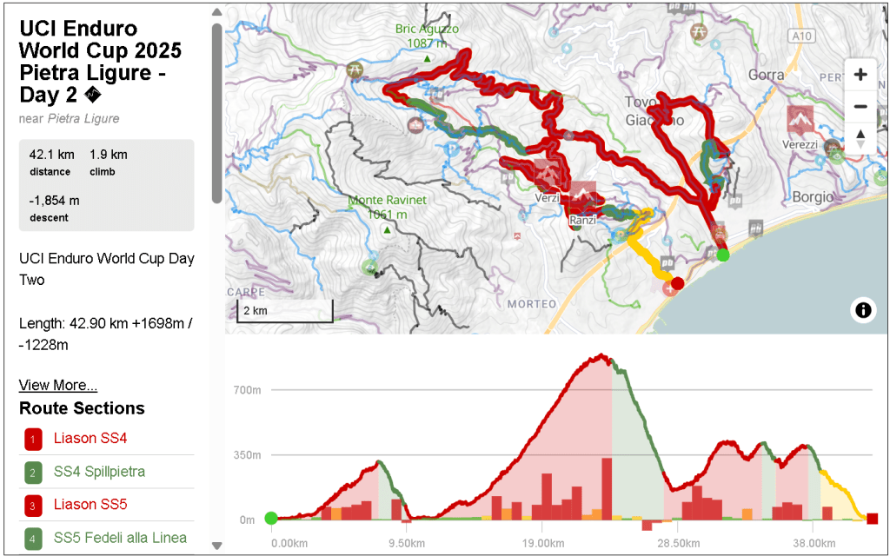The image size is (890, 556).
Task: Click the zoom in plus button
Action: tap(860, 75)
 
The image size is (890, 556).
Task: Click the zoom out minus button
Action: tap(860, 107)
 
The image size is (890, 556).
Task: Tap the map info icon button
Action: tap(863, 309)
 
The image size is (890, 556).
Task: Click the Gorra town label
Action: tap(766, 75)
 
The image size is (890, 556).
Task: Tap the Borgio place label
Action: tap(813, 197)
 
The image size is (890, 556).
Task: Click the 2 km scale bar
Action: tap(285, 311)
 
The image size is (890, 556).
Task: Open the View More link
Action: tap(57, 385)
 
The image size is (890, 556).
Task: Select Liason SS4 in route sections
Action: tap(90, 438)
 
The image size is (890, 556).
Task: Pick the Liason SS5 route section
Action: tap(90, 505)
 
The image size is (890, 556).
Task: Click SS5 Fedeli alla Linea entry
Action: tap(120, 538)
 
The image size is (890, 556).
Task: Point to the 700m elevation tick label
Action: tap(249, 390)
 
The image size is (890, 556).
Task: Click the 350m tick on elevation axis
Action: tap(249, 455)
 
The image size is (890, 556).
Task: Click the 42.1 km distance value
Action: tap(51, 155)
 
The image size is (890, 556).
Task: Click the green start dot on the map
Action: tap(723, 255)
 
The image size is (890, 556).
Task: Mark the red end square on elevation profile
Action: tap(873, 519)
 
